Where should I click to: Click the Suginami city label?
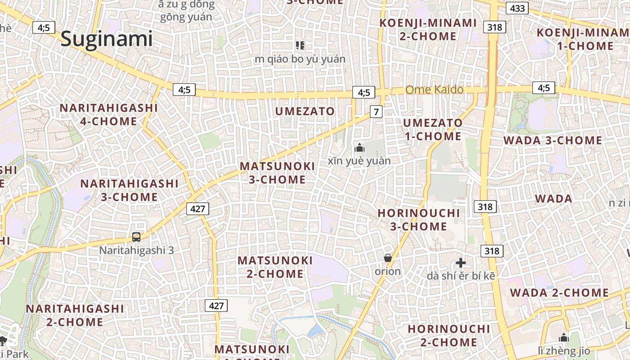tap(107, 39)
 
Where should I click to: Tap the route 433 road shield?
tap(517, 8)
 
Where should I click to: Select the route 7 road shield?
tap(377, 111)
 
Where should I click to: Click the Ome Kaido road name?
tap(434, 90)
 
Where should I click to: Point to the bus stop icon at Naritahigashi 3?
tap(136, 237)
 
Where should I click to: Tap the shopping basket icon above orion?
tap(387, 258)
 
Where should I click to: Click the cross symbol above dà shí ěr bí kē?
tap(460, 263)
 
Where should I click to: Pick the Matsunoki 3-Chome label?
tap(277, 173)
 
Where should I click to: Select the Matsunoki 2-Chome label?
tap(275, 267)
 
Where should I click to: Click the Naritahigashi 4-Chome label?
tap(108, 115)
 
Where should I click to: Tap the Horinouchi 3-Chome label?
tap(418, 220)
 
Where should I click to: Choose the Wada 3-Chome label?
tap(553, 140)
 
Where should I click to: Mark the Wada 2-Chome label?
tap(559, 293)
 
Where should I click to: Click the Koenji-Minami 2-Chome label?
tap(428, 29)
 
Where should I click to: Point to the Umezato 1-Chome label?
tap(432, 129)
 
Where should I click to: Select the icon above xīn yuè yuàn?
tap(359, 148)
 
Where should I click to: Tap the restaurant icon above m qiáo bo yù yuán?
tap(300, 45)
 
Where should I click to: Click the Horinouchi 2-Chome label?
tap(449, 336)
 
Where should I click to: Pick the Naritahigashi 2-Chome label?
tap(75, 315)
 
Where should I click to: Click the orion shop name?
tap(387, 271)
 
